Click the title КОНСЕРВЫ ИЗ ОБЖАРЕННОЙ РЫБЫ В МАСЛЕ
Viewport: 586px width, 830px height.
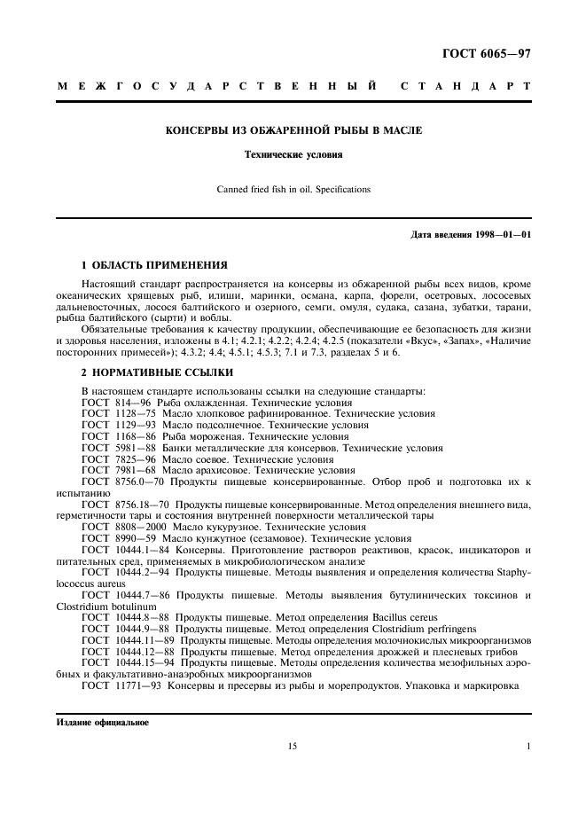point(294,130)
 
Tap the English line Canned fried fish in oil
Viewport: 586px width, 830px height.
point(294,189)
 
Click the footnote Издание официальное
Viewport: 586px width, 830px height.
point(98,722)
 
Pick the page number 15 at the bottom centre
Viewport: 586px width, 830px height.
point(293,747)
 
